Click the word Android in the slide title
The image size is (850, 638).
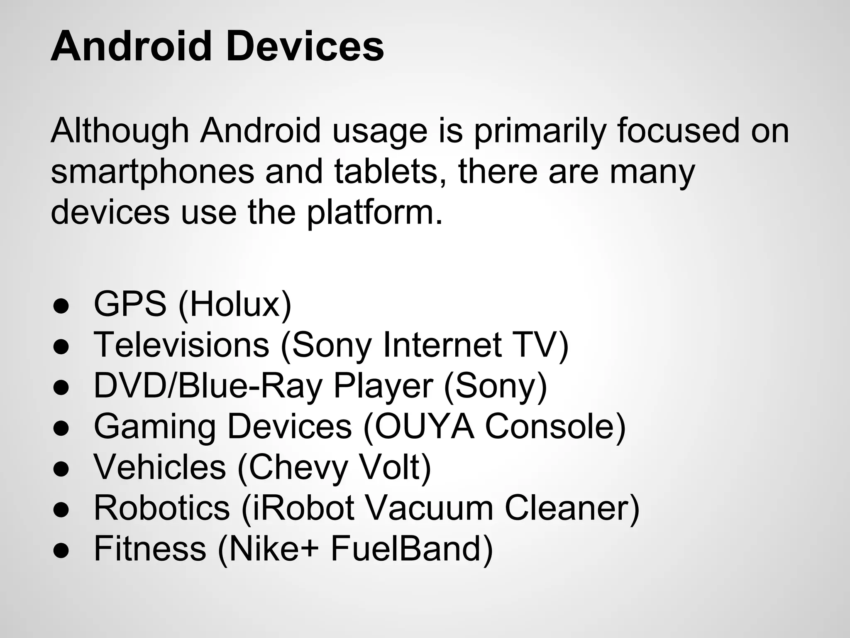pos(131,47)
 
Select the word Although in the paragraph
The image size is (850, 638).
pos(120,131)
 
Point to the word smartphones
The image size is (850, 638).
pos(152,172)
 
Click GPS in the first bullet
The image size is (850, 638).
pos(130,304)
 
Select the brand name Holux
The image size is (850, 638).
pos(235,304)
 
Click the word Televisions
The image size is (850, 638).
pos(182,345)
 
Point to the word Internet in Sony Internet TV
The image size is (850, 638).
pos(442,345)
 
